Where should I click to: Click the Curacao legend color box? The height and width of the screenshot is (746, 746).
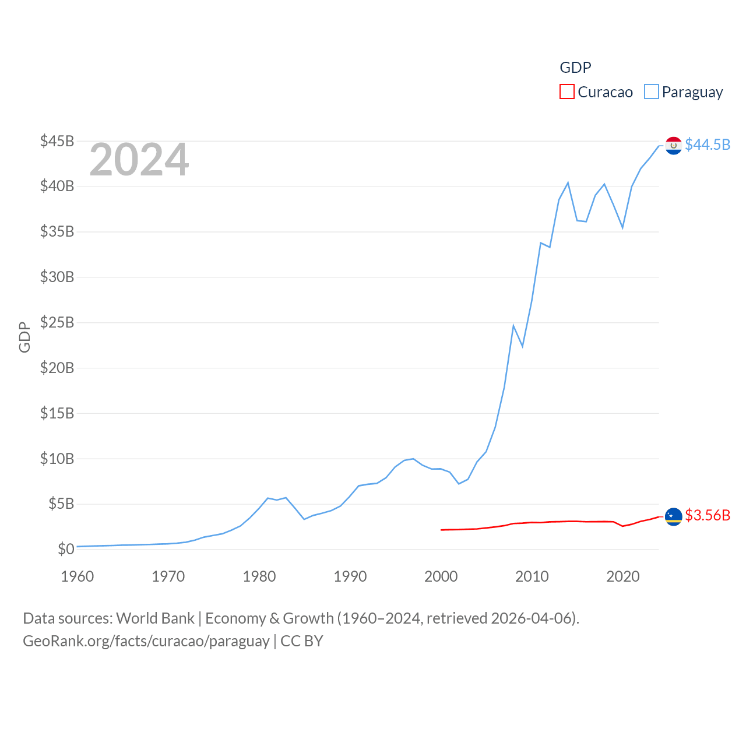[x=566, y=92]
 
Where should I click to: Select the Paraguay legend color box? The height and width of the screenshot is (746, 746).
[x=651, y=92]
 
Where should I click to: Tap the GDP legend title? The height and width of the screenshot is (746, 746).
[x=575, y=68]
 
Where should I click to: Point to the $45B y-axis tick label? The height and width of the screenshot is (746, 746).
[x=57, y=141]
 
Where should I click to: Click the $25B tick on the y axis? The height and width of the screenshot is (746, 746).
[x=57, y=322]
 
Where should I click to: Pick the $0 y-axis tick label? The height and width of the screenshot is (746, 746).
[x=66, y=549]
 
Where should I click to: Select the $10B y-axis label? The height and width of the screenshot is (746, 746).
[x=57, y=459]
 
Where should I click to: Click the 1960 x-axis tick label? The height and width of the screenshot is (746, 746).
[x=78, y=576]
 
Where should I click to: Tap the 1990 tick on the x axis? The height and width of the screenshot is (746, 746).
[x=350, y=576]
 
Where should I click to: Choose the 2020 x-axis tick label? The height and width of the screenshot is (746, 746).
[x=623, y=576]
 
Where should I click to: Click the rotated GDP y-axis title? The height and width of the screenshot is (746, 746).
[x=24, y=337]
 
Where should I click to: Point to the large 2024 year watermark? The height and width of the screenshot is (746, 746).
[x=139, y=160]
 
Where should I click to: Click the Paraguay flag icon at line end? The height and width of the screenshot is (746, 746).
[x=673, y=145]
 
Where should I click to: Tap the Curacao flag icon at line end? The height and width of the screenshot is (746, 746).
[x=673, y=516]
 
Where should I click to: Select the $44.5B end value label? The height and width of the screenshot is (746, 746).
[x=708, y=145]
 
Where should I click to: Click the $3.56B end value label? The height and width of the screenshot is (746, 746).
[x=708, y=515]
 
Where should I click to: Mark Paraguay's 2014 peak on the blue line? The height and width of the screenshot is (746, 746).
[x=568, y=183]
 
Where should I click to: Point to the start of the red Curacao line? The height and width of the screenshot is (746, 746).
[x=441, y=530]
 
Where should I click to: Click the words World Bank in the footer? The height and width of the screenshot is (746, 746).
[x=156, y=618]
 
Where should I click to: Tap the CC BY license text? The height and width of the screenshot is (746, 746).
[x=302, y=641]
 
